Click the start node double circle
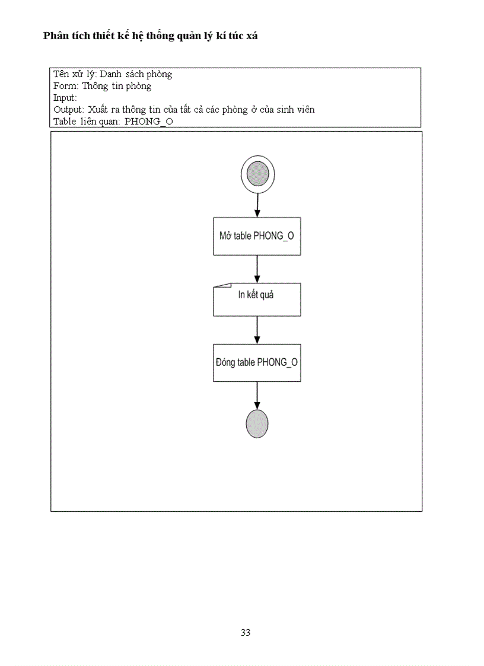(257, 174)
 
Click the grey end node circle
(257, 423)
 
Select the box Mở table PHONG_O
(257, 236)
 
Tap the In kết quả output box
(257, 299)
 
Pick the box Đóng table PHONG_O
(257, 362)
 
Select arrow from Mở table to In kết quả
(257, 269)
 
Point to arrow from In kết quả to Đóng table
(257, 330)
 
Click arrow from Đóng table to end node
(257, 395)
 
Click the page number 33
(246, 632)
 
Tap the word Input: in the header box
(65, 98)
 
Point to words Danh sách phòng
(136, 74)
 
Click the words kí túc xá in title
(235, 36)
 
